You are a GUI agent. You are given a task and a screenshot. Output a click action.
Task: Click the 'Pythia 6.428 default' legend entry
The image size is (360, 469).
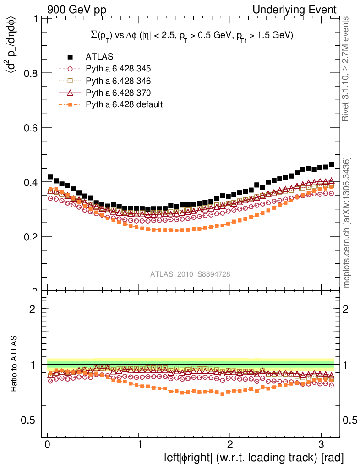(x=124, y=104)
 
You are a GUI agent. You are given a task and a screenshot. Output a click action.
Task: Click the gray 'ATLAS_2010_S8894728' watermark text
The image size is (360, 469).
(x=190, y=274)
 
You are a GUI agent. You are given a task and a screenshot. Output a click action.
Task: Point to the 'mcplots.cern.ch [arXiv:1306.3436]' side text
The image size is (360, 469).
(x=347, y=223)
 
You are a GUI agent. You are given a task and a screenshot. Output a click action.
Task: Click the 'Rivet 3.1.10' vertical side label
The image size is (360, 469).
(x=346, y=69)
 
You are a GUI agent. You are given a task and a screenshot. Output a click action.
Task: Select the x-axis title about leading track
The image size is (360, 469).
(x=254, y=458)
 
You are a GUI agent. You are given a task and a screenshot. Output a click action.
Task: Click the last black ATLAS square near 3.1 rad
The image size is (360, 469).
(x=331, y=164)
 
